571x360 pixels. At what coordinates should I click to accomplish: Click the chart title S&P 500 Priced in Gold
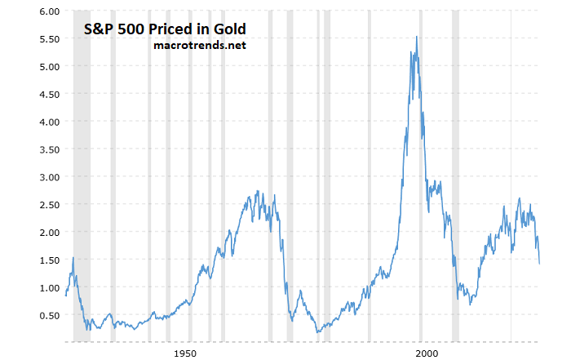click(x=166, y=29)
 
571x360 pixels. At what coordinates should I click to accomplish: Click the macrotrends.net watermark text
click(x=199, y=45)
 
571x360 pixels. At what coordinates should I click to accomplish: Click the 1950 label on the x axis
click(x=185, y=353)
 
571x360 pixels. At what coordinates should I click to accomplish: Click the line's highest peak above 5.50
click(x=417, y=37)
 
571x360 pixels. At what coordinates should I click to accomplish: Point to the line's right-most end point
click(x=540, y=264)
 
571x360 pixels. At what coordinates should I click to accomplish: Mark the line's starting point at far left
click(x=65, y=295)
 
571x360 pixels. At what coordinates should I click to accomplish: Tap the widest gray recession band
click(x=82, y=176)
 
